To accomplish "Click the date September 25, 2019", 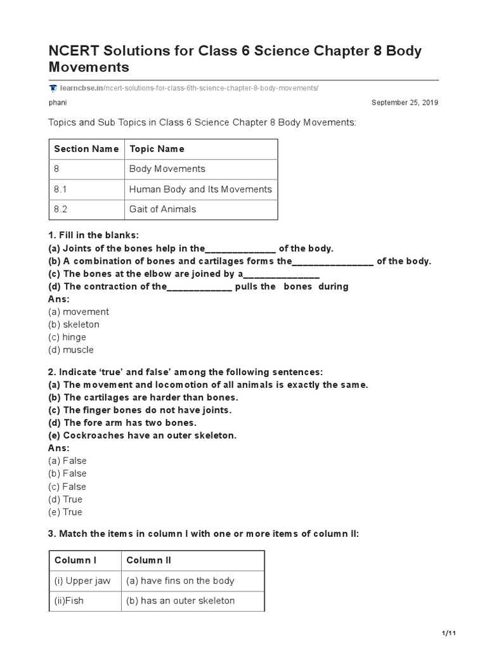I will (x=405, y=102).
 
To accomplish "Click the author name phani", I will (x=58, y=102).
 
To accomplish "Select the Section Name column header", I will (x=86, y=149).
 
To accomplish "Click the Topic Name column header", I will (x=157, y=149).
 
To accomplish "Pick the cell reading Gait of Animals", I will (x=162, y=209).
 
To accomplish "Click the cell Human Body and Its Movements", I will (x=200, y=189).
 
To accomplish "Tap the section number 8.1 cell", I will (x=61, y=189).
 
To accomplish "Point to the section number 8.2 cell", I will (x=61, y=209).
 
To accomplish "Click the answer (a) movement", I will (x=79, y=312).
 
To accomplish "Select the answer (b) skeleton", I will (x=74, y=324).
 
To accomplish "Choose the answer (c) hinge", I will (x=67, y=337).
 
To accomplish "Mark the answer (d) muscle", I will (x=71, y=350).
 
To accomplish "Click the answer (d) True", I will (x=65, y=499).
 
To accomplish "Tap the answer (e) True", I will (x=65, y=512).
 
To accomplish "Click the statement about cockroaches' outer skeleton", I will (x=142, y=435).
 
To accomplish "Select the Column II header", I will (x=149, y=560).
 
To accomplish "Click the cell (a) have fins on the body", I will (x=180, y=581).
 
